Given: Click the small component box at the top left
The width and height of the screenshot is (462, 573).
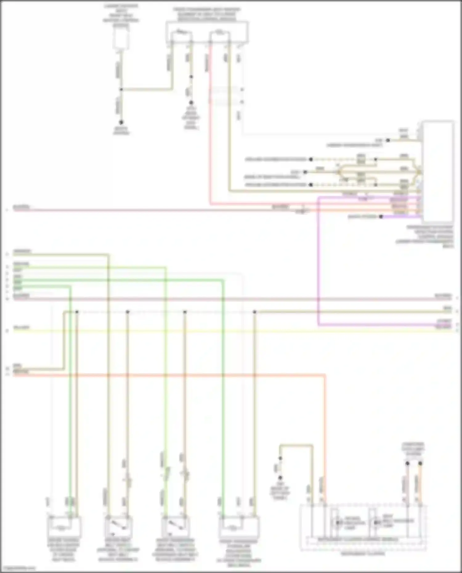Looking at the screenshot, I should point(121,39).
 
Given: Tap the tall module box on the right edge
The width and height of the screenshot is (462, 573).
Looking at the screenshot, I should point(438,171).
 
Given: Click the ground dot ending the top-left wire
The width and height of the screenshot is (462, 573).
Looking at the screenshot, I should point(121,122).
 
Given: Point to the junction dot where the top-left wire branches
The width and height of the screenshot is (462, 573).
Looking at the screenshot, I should point(121,90).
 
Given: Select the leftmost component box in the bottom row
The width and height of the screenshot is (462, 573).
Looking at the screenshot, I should point(64,527).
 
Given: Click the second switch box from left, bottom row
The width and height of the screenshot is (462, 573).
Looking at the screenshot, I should point(119,527).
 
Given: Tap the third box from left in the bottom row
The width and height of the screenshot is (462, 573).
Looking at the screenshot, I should point(176,527).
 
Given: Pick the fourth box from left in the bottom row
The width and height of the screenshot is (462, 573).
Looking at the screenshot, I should point(239,527).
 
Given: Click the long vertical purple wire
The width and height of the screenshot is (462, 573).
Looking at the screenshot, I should point(318,262).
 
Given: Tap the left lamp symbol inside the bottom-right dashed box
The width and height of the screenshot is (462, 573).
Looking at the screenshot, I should point(339,523).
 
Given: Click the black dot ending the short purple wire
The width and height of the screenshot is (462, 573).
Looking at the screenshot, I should point(381,217).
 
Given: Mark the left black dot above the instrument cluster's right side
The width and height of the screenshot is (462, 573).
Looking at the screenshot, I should point(407,463).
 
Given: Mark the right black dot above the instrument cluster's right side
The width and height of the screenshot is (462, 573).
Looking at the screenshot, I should point(420,463).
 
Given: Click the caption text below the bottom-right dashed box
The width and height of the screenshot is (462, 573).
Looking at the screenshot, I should point(363,554).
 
